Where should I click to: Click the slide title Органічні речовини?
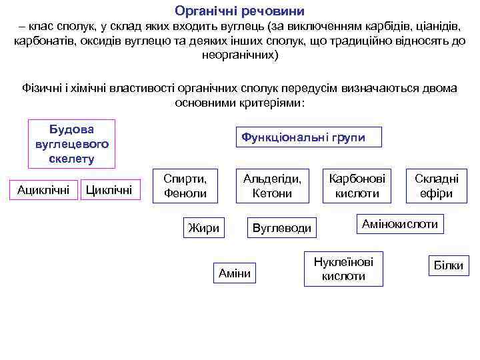(239, 11)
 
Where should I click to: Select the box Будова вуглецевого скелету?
(71, 143)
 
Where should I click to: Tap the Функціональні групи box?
(303, 137)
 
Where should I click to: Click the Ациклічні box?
(43, 190)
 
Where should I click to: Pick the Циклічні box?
(110, 190)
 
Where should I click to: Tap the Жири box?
(203, 227)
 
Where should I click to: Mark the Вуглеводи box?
(281, 228)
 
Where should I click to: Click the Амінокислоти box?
(399, 224)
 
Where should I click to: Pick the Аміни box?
(234, 273)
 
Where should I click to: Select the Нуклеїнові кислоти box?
(343, 269)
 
